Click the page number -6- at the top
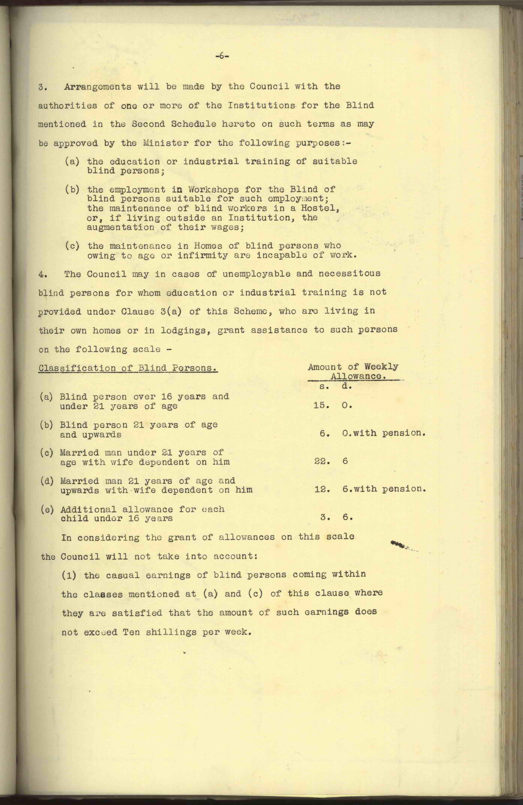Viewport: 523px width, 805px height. tap(222, 56)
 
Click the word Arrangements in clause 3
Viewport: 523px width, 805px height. tap(98, 87)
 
